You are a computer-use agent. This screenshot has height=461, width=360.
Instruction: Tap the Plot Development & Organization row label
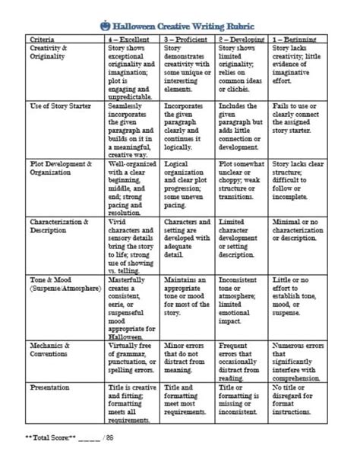pos(60,168)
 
